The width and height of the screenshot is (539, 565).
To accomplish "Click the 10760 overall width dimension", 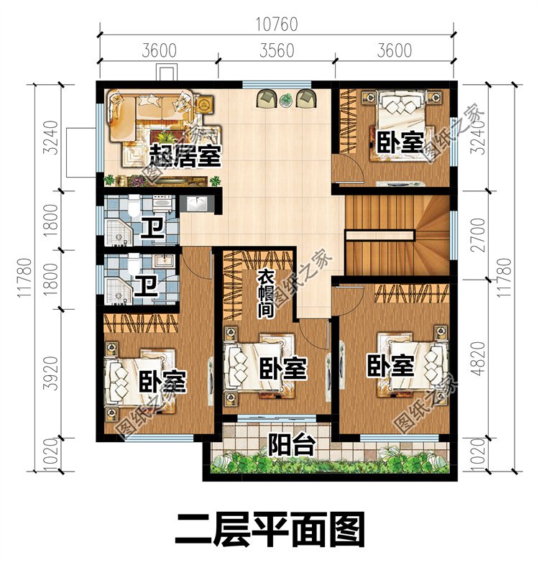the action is tap(277, 24).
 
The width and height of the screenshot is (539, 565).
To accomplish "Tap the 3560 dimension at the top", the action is tap(277, 50).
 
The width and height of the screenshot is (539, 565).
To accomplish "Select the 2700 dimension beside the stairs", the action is tap(479, 234).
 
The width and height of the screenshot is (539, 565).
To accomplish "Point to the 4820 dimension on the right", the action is tap(479, 359).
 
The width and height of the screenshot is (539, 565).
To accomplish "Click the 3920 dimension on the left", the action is tap(51, 373).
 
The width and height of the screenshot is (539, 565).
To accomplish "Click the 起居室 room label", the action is tap(185, 155).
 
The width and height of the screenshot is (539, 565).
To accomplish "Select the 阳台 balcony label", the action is tap(292, 445).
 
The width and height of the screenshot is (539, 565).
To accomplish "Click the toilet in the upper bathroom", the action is tap(134, 206).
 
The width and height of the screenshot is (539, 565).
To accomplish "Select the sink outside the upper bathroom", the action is tap(197, 204).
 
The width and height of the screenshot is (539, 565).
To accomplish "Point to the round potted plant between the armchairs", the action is tap(286, 99).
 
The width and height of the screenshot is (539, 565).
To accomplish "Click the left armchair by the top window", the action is tap(266, 98).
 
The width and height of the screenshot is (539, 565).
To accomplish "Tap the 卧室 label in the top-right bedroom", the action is tap(400, 142).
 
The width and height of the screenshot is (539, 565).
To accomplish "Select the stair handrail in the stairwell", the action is tap(380, 236).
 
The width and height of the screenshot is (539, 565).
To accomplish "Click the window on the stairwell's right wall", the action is tap(453, 235).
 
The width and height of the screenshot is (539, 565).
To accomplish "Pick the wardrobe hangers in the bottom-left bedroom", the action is tap(141, 323).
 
